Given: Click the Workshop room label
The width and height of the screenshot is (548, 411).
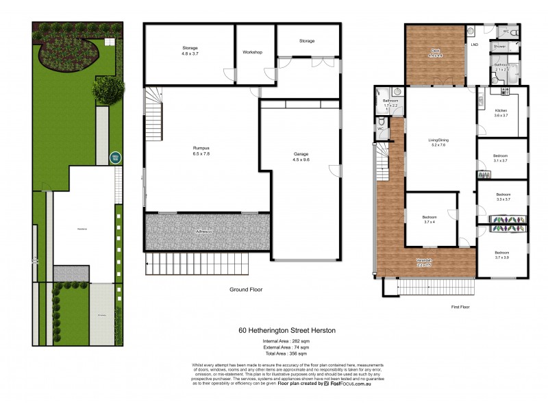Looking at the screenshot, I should (253, 52).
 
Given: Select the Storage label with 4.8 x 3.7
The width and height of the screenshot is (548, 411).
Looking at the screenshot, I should (189, 51).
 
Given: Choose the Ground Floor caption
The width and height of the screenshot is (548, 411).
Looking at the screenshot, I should (246, 290).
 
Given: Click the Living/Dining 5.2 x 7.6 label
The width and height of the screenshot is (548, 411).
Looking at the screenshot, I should (438, 142).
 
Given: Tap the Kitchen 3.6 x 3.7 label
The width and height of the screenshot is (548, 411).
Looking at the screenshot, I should (501, 113).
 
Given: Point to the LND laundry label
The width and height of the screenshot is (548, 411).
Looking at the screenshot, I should (474, 45).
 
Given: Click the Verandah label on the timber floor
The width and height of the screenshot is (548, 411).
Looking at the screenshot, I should (424, 262).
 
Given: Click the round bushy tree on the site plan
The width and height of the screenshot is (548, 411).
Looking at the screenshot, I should (108, 89).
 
